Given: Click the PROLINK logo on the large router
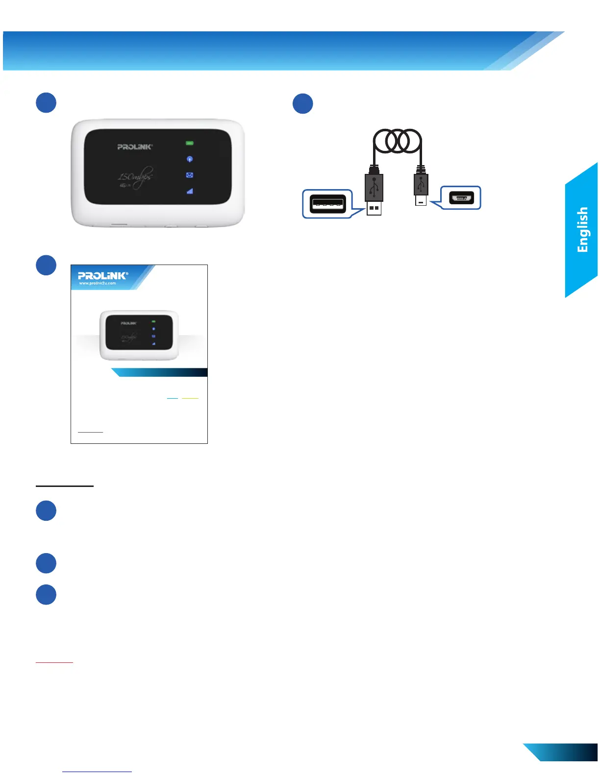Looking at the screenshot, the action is point(135,146).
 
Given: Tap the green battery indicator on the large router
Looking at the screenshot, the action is point(189,143).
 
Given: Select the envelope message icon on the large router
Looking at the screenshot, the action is point(190,175).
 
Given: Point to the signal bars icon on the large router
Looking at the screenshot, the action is point(190,191).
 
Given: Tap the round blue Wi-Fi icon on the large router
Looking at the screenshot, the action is point(190,159).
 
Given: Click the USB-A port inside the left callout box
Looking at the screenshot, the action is point(328,203).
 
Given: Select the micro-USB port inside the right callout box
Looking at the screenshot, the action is point(461,198).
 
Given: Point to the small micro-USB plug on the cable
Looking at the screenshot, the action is point(421,189).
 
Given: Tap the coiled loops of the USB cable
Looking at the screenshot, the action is point(397,141).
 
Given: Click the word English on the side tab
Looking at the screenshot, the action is point(582,229).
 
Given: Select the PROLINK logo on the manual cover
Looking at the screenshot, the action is point(103,275).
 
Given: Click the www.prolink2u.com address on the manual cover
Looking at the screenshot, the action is point(98,283).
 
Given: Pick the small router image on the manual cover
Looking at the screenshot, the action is point(139,335).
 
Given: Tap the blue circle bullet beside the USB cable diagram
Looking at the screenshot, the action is point(303,103).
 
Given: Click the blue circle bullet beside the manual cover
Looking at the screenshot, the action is point(46,265).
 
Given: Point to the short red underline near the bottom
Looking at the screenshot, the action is point(54,662).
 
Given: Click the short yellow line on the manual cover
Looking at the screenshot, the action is point(190,398).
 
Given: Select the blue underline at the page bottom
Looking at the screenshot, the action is point(97,772).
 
